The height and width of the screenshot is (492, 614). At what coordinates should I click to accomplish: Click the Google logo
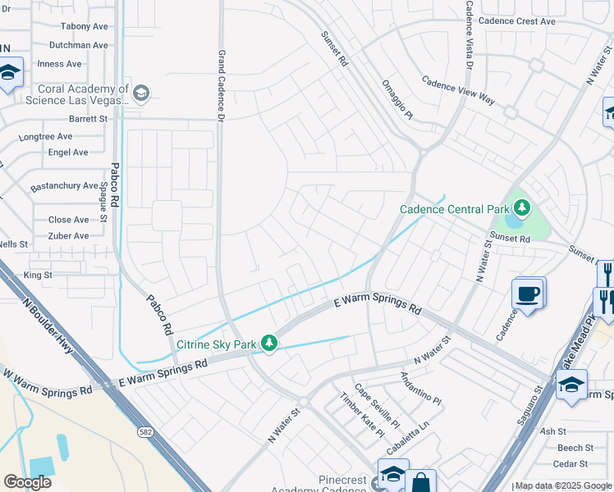coord(27,482)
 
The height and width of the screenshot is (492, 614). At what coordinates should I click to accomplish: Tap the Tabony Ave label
coord(84,26)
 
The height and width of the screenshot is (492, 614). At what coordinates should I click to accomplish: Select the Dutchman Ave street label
coord(79,46)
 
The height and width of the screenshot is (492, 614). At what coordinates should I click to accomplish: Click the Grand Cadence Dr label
coord(221,85)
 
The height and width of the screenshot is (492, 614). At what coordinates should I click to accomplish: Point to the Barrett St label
coord(89,119)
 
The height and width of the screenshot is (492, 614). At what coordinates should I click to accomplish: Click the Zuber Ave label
coord(69,236)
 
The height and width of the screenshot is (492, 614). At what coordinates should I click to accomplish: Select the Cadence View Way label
coord(458,90)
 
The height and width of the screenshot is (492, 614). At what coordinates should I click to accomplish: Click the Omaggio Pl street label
coord(398,99)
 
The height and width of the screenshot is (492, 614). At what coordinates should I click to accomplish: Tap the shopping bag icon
coord(420,482)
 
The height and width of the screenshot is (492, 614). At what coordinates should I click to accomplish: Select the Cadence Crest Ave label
coord(517,21)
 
